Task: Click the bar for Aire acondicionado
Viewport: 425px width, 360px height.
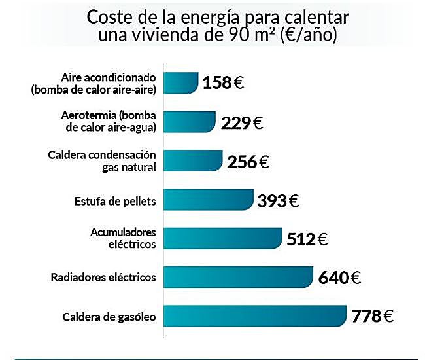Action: (180, 83)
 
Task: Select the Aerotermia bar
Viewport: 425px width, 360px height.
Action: (188, 122)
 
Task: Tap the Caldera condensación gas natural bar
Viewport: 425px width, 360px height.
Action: (192, 160)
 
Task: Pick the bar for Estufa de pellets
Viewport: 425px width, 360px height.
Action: (207, 200)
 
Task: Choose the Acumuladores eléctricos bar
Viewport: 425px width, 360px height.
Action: (222, 238)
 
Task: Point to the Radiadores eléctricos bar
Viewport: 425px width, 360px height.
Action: (237, 277)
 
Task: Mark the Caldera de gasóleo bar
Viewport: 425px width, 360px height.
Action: (254, 316)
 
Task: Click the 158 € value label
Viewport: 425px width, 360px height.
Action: (223, 84)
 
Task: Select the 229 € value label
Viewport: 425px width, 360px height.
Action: (242, 122)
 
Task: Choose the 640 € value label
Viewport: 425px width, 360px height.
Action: (339, 278)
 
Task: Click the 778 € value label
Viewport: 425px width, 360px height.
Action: (372, 317)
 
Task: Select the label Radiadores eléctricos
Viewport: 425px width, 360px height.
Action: (103, 278)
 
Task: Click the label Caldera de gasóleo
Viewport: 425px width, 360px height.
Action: (109, 317)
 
